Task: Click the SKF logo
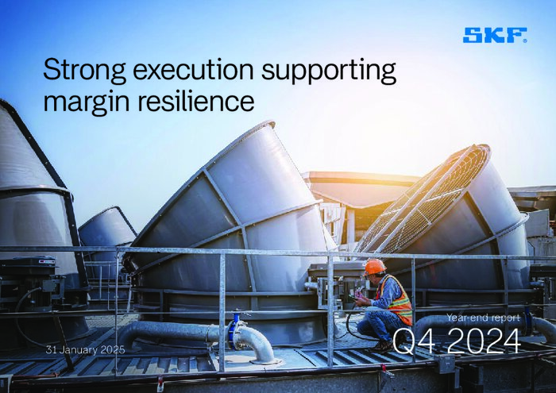[494, 36]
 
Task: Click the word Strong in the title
[84, 71]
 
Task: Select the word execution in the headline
[193, 69]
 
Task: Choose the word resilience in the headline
[195, 101]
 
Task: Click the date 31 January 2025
[86, 350]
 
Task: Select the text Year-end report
[483, 318]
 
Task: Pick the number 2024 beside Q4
[483, 341]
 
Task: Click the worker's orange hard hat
[375, 267]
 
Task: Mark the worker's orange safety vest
[398, 300]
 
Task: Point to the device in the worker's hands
[353, 298]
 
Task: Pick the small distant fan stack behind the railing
[106, 227]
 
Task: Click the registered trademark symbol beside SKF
[525, 40]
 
